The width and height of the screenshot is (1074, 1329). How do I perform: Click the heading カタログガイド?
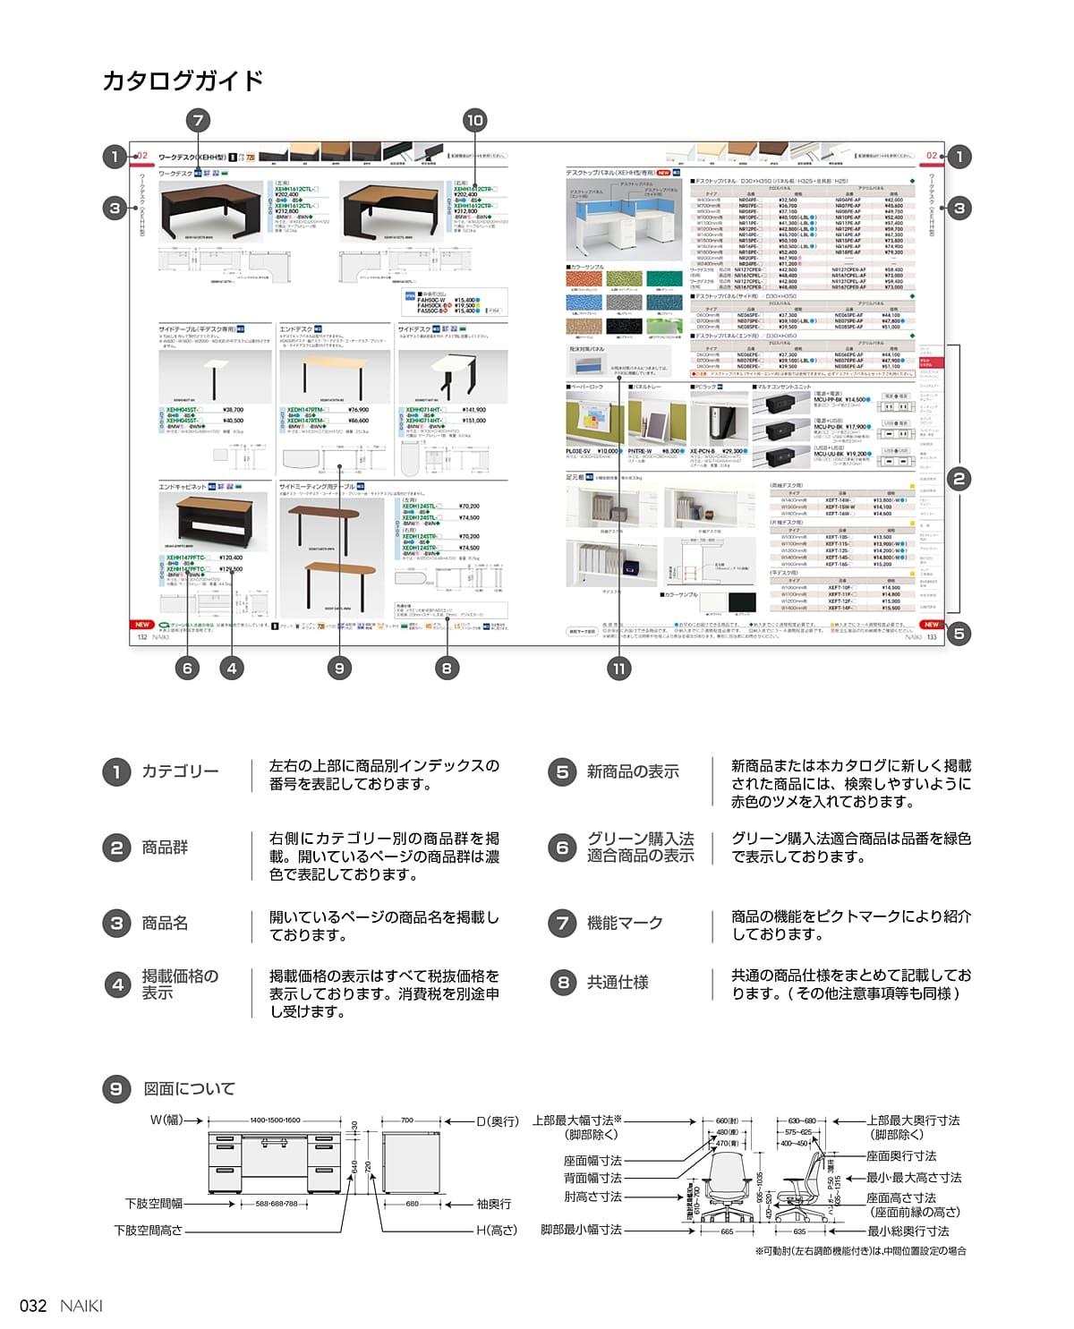pyautogui.click(x=183, y=81)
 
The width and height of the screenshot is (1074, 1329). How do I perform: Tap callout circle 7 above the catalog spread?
pyautogui.click(x=198, y=120)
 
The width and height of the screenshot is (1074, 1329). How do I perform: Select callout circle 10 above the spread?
pyautogui.click(x=474, y=120)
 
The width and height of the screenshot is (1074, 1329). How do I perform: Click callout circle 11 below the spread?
pyautogui.click(x=618, y=668)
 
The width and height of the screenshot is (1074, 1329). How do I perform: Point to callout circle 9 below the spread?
pyautogui.click(x=339, y=668)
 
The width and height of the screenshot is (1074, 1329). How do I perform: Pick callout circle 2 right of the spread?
pyautogui.click(x=959, y=478)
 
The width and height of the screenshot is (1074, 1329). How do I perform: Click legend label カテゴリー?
pyautogui.click(x=180, y=771)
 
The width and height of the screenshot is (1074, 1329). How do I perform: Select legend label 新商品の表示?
pyautogui.click(x=633, y=771)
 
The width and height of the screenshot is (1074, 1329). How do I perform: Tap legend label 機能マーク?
pyautogui.click(x=625, y=923)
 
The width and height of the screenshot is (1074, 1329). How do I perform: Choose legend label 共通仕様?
pyautogui.click(x=618, y=983)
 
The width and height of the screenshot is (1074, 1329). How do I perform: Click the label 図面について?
pyautogui.click(x=189, y=1089)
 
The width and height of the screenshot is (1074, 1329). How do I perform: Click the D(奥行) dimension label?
pyautogui.click(x=497, y=1121)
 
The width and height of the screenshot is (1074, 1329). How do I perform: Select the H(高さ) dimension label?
pyautogui.click(x=497, y=1230)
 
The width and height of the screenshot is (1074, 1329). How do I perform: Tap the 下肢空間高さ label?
pyautogui.click(x=149, y=1231)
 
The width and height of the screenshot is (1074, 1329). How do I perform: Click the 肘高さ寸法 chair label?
pyautogui.click(x=592, y=1197)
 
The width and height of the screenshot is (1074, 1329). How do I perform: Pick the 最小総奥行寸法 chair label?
pyautogui.click(x=908, y=1231)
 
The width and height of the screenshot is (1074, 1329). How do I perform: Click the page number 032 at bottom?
pyautogui.click(x=33, y=1306)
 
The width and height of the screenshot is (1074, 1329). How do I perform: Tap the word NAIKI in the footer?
pyautogui.click(x=81, y=1306)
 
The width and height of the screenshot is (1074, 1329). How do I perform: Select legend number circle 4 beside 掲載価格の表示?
pyautogui.click(x=117, y=985)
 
